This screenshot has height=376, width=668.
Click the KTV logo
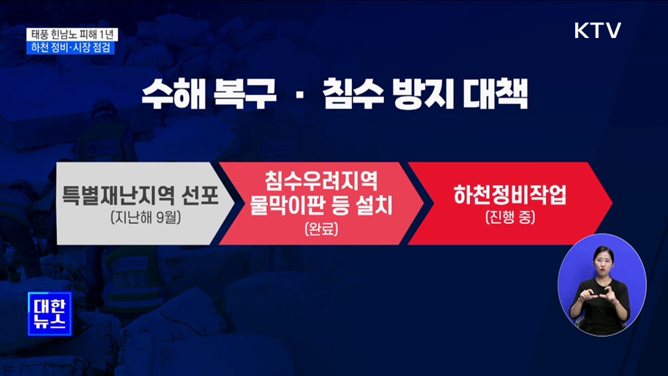click(x=597, y=31)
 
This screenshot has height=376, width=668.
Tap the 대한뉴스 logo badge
click(x=48, y=312)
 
